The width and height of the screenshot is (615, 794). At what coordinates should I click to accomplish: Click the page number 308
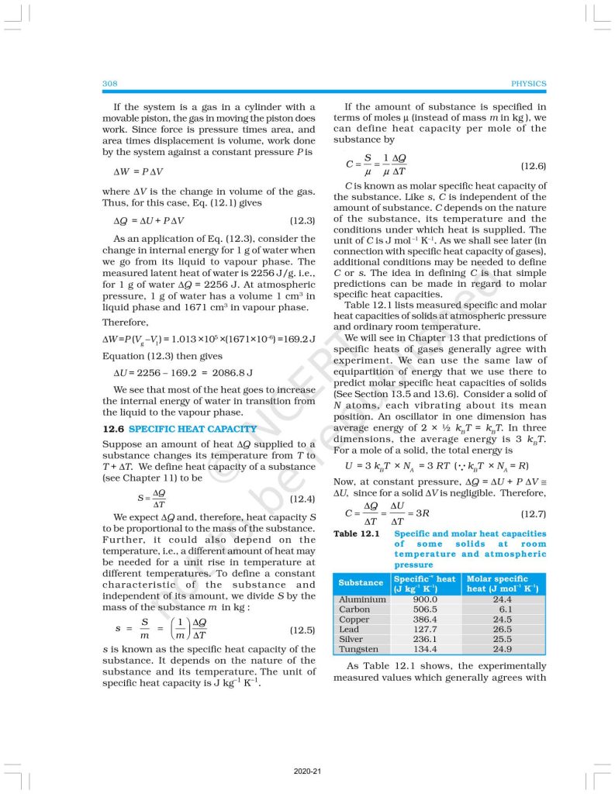109,84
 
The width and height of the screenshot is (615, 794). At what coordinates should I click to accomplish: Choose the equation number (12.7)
533,513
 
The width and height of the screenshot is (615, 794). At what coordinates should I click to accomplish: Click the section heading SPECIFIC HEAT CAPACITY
192,429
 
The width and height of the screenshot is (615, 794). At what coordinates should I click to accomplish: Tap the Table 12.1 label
356,533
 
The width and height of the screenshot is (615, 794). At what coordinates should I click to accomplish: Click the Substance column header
361,583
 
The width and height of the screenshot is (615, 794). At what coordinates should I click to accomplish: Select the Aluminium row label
362,599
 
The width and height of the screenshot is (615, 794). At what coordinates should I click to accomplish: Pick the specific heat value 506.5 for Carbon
426,609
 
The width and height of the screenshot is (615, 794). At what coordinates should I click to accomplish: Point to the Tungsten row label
359,649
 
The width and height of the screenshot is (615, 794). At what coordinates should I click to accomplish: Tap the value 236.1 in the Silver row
426,639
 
